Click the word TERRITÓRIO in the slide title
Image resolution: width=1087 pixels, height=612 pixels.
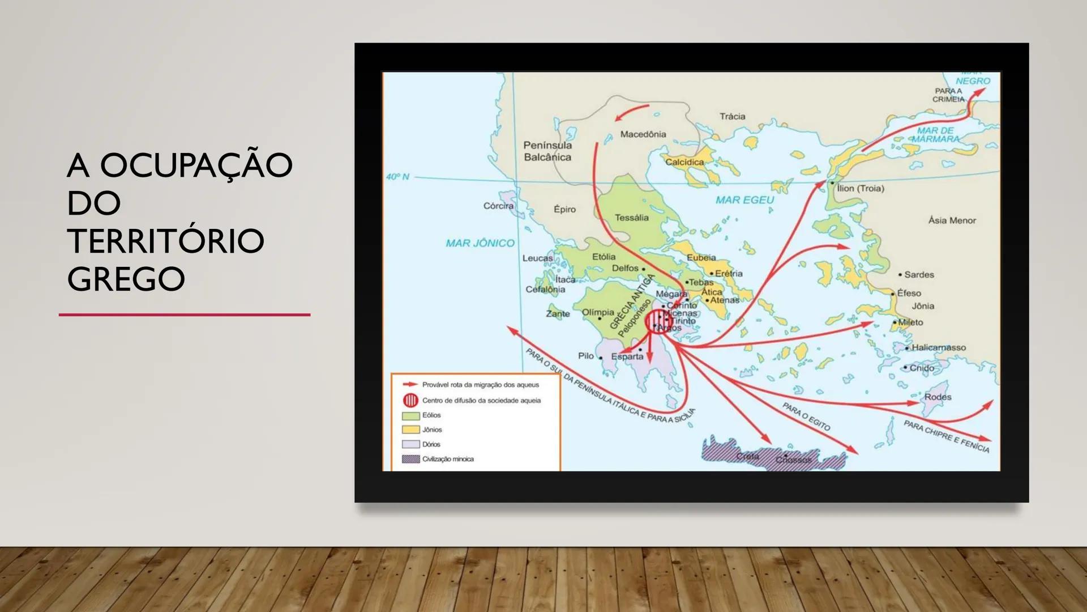(165, 241)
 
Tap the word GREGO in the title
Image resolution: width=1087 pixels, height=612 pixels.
(126, 279)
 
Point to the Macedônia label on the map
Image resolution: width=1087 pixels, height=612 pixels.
(643, 134)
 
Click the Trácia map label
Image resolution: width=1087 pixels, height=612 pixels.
(732, 116)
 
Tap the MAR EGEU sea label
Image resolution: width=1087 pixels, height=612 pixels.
(744, 199)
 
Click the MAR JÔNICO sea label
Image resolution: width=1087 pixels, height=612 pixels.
(480, 243)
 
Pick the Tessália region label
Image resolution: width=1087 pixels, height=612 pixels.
(631, 218)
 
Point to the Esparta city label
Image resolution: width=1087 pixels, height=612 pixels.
(627, 356)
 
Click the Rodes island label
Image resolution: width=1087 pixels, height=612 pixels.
(938, 397)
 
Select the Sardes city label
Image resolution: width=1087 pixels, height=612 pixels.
(919, 275)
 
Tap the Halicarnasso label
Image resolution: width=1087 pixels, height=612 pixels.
(938, 347)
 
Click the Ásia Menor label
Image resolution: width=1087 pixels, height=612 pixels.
(952, 220)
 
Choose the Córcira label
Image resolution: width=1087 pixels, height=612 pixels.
(498, 206)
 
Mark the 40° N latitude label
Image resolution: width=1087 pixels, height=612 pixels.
(397, 177)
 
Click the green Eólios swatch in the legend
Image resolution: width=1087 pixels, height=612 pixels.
(410, 415)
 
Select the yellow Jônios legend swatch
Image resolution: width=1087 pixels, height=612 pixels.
(410, 430)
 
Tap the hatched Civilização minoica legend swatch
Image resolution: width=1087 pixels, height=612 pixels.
(410, 459)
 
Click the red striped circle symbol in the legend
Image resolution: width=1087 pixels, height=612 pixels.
(410, 400)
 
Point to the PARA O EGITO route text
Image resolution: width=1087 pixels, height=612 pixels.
(806, 416)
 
